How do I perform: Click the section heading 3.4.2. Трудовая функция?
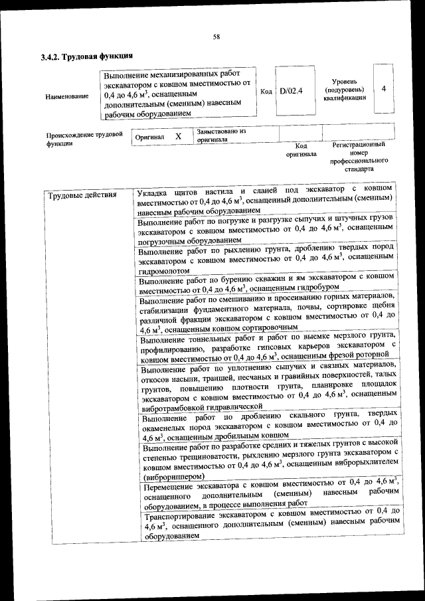coord(86,57)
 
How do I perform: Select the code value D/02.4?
coord(291,91)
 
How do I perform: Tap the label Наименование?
coord(66,97)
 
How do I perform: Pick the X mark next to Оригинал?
coord(178,136)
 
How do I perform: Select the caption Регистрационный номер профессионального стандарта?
coord(359,156)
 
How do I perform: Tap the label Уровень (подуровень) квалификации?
coord(345,88)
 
